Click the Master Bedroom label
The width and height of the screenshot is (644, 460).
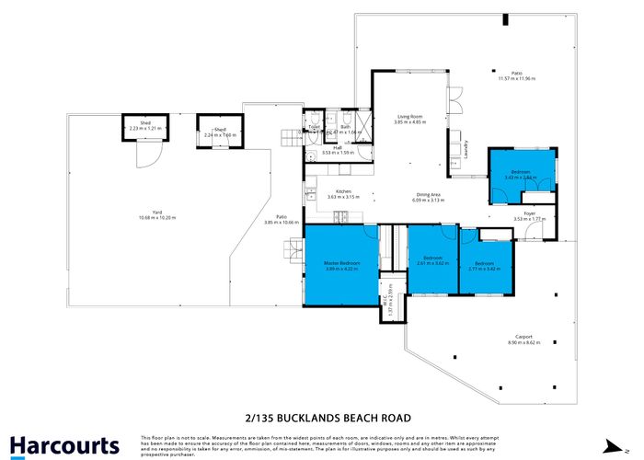[340, 263]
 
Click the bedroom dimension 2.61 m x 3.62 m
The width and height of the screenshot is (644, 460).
[432, 263]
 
